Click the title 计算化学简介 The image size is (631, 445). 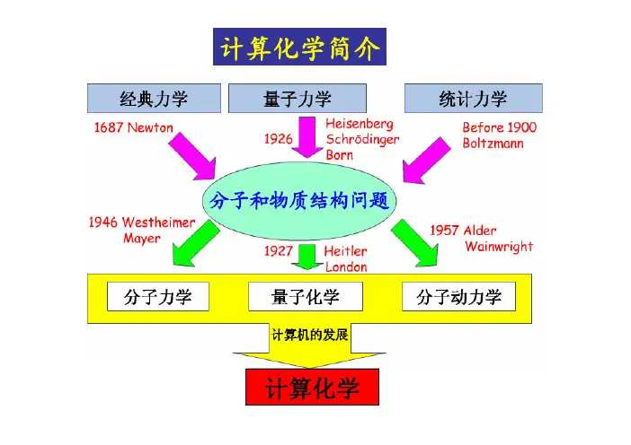coord(298,46)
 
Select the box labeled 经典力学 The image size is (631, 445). coord(155,99)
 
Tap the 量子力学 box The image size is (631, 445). coord(298,99)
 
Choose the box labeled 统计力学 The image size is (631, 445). coord(473,99)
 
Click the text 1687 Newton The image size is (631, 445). coord(134,127)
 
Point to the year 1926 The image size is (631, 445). coord(279,139)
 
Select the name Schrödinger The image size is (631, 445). coord(363,139)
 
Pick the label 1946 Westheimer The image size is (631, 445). coord(142,222)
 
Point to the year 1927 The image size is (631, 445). coord(279,252)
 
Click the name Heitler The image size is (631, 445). coord(346,252)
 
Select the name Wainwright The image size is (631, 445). coord(498,246)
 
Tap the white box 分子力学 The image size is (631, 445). coord(156,296)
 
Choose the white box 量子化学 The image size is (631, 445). coord(305,296)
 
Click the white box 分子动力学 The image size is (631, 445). coord(458,296)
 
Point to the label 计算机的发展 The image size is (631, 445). coord(309,335)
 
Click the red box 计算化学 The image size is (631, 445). coord(312,388)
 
